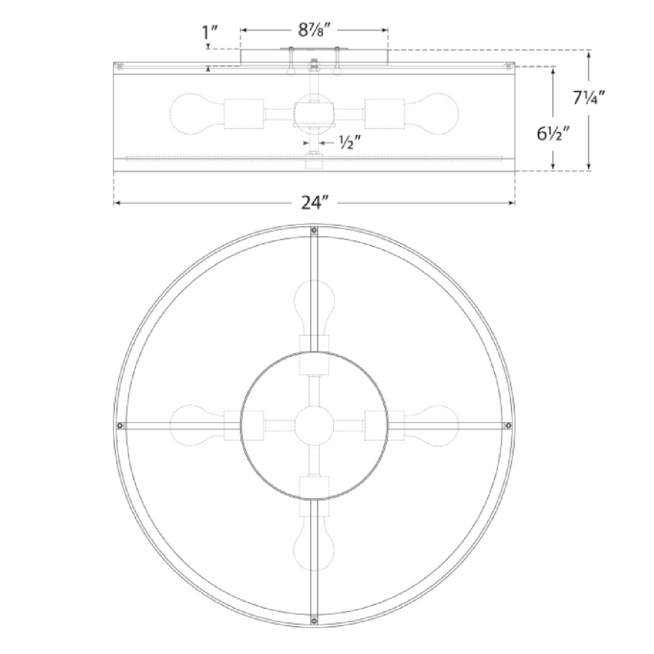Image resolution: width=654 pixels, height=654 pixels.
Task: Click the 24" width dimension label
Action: (314, 203)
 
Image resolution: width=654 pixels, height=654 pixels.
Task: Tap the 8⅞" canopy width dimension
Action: (314, 30)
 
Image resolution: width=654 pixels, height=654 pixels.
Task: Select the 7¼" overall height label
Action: (589, 98)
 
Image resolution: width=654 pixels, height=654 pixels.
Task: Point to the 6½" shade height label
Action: (553, 134)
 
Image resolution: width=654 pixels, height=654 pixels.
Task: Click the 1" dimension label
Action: (209, 33)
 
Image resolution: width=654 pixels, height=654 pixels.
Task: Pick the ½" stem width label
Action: (349, 143)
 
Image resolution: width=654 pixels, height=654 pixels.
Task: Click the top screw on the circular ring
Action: (314, 231)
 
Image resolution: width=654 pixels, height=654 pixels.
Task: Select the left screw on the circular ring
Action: (119, 426)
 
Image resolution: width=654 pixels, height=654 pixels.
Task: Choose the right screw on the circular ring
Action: (508, 426)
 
